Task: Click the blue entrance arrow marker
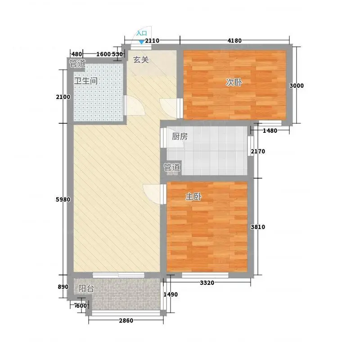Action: point(142,42)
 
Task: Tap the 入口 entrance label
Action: point(141,33)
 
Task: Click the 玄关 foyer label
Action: point(141,60)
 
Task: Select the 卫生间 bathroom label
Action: point(86,81)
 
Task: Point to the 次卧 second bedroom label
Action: point(234,82)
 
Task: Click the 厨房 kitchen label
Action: point(180,136)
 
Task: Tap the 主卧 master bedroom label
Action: point(193,197)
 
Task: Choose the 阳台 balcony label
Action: point(86,288)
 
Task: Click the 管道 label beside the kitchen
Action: point(172,167)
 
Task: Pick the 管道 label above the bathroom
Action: point(77,63)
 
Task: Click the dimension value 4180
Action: point(234,40)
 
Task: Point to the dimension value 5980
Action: point(63,199)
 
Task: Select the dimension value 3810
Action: point(258,227)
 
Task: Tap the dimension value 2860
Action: point(126,320)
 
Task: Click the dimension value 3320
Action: point(207,283)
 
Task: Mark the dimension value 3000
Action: point(297,85)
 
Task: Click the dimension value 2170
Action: point(258,151)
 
